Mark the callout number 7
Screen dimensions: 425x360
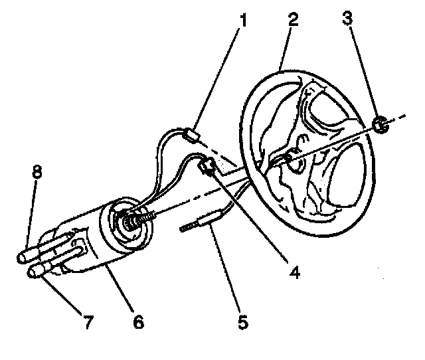click(88, 323)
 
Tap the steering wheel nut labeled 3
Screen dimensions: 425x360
click(381, 124)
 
